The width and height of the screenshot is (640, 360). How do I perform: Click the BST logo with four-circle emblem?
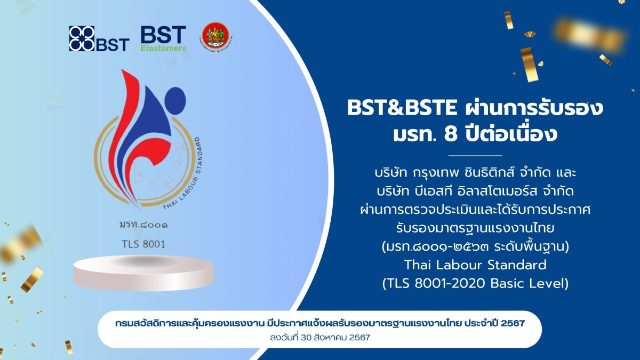tap(99, 38)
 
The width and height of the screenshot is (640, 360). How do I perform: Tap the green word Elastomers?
tap(163, 48)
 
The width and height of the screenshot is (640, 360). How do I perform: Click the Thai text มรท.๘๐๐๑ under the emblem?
tap(143, 225)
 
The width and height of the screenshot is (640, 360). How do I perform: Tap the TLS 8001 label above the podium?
tap(143, 244)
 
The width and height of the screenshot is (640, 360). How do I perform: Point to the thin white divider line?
tap(476, 155)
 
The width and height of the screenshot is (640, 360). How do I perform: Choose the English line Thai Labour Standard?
tap(475, 265)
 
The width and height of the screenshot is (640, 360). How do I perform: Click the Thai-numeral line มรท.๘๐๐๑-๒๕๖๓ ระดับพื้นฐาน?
tap(475, 246)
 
